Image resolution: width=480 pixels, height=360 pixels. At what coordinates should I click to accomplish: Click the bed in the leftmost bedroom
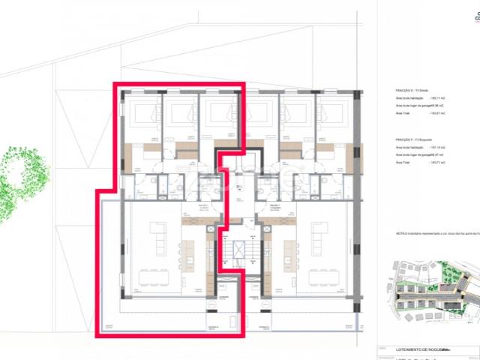tap(142, 115)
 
